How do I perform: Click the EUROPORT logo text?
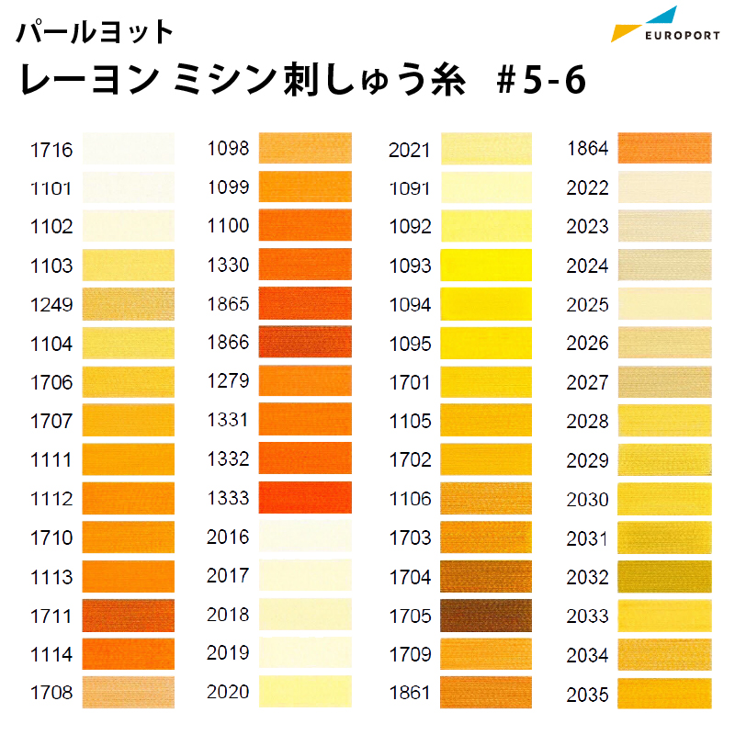[682, 36]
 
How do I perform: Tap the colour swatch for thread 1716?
[129, 149]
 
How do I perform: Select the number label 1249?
[51, 305]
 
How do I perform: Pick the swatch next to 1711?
[129, 616]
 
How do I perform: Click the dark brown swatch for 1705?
[486, 616]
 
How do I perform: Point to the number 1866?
[228, 343]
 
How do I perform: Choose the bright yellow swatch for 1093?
[486, 266]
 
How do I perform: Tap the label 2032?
[587, 578]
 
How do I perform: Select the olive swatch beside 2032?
[664, 577]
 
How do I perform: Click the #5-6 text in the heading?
[541, 80]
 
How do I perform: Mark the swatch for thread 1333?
[305, 497]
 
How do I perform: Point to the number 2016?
[228, 537]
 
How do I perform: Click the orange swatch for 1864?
[664, 148]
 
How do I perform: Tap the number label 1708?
[51, 693]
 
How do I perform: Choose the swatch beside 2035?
[664, 694]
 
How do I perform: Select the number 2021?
[409, 151]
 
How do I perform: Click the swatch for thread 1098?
[305, 148]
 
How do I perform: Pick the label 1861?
[410, 693]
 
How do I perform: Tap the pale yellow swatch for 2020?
[305, 692]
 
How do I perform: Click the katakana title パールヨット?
[95, 32]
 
